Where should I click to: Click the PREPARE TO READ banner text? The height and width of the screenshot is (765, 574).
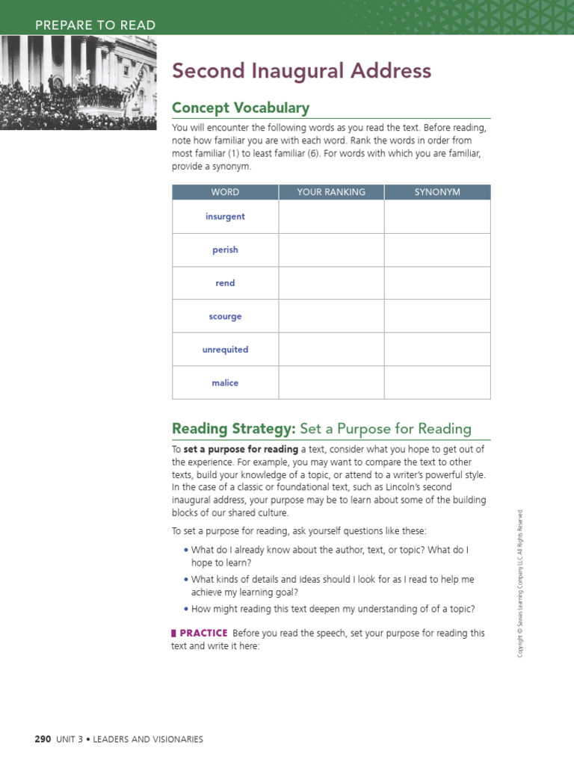coord(96,25)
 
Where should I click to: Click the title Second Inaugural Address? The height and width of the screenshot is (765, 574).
coord(301,71)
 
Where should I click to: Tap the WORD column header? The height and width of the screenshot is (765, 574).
coord(225,192)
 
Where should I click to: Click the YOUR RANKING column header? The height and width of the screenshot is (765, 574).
coord(331,192)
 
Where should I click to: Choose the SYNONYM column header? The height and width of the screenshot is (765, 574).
coord(437,192)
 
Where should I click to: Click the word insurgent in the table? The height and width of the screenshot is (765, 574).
coord(225,217)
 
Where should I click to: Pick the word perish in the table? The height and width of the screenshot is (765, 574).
coord(225,250)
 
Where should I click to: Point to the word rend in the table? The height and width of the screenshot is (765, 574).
coord(225,283)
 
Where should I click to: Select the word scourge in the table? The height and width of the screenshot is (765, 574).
coord(225,316)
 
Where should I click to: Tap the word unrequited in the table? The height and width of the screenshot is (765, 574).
coord(225,350)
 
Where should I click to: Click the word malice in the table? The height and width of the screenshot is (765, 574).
coord(225,382)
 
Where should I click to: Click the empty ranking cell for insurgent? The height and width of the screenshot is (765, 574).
coord(331,217)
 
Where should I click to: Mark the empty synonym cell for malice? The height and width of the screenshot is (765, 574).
coord(437,382)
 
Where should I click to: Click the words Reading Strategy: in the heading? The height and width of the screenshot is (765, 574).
coord(234,428)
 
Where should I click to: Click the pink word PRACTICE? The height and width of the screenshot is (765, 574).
coord(203,633)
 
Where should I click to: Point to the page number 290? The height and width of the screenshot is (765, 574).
coord(43,739)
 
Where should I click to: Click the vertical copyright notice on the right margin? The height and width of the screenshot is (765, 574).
coord(521,583)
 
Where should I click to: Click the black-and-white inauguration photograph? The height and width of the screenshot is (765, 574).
coord(78,82)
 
